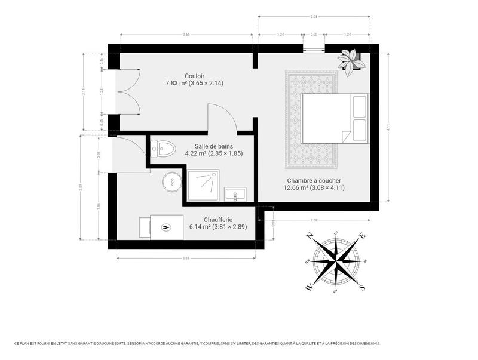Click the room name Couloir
(194, 76)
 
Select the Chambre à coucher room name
(314, 180)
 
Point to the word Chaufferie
(217, 219)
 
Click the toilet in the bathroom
(162, 147)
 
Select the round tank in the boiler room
(170, 181)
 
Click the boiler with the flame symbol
(166, 226)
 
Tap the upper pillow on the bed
(360, 106)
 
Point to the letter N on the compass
(310, 236)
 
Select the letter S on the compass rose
(361, 287)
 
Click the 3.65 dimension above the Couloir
(186, 35)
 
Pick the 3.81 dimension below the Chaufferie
(186, 258)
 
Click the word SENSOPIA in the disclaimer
(134, 343)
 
